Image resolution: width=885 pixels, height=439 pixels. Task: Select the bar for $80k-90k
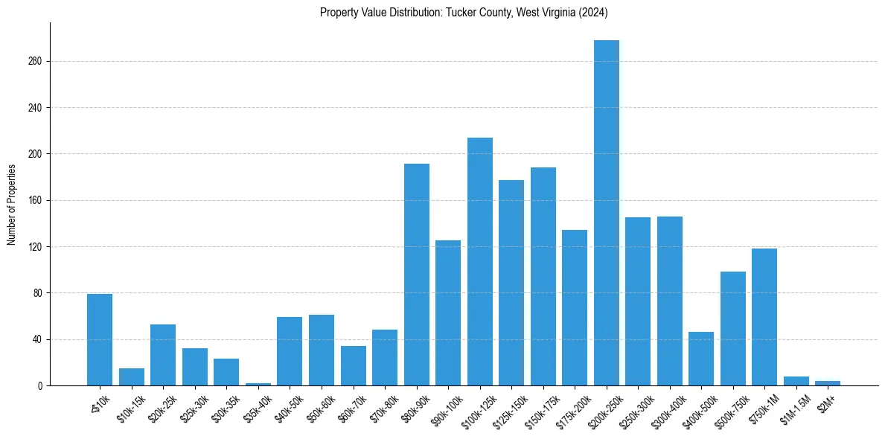coord(416,275)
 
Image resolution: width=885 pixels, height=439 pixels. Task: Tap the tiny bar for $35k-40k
coord(258,384)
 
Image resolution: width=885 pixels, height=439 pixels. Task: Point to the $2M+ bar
coord(828,383)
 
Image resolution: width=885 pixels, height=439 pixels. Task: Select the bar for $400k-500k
coord(701,359)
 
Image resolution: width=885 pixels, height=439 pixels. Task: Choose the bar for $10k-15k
coord(131,377)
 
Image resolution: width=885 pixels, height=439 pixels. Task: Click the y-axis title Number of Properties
coord(11,205)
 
